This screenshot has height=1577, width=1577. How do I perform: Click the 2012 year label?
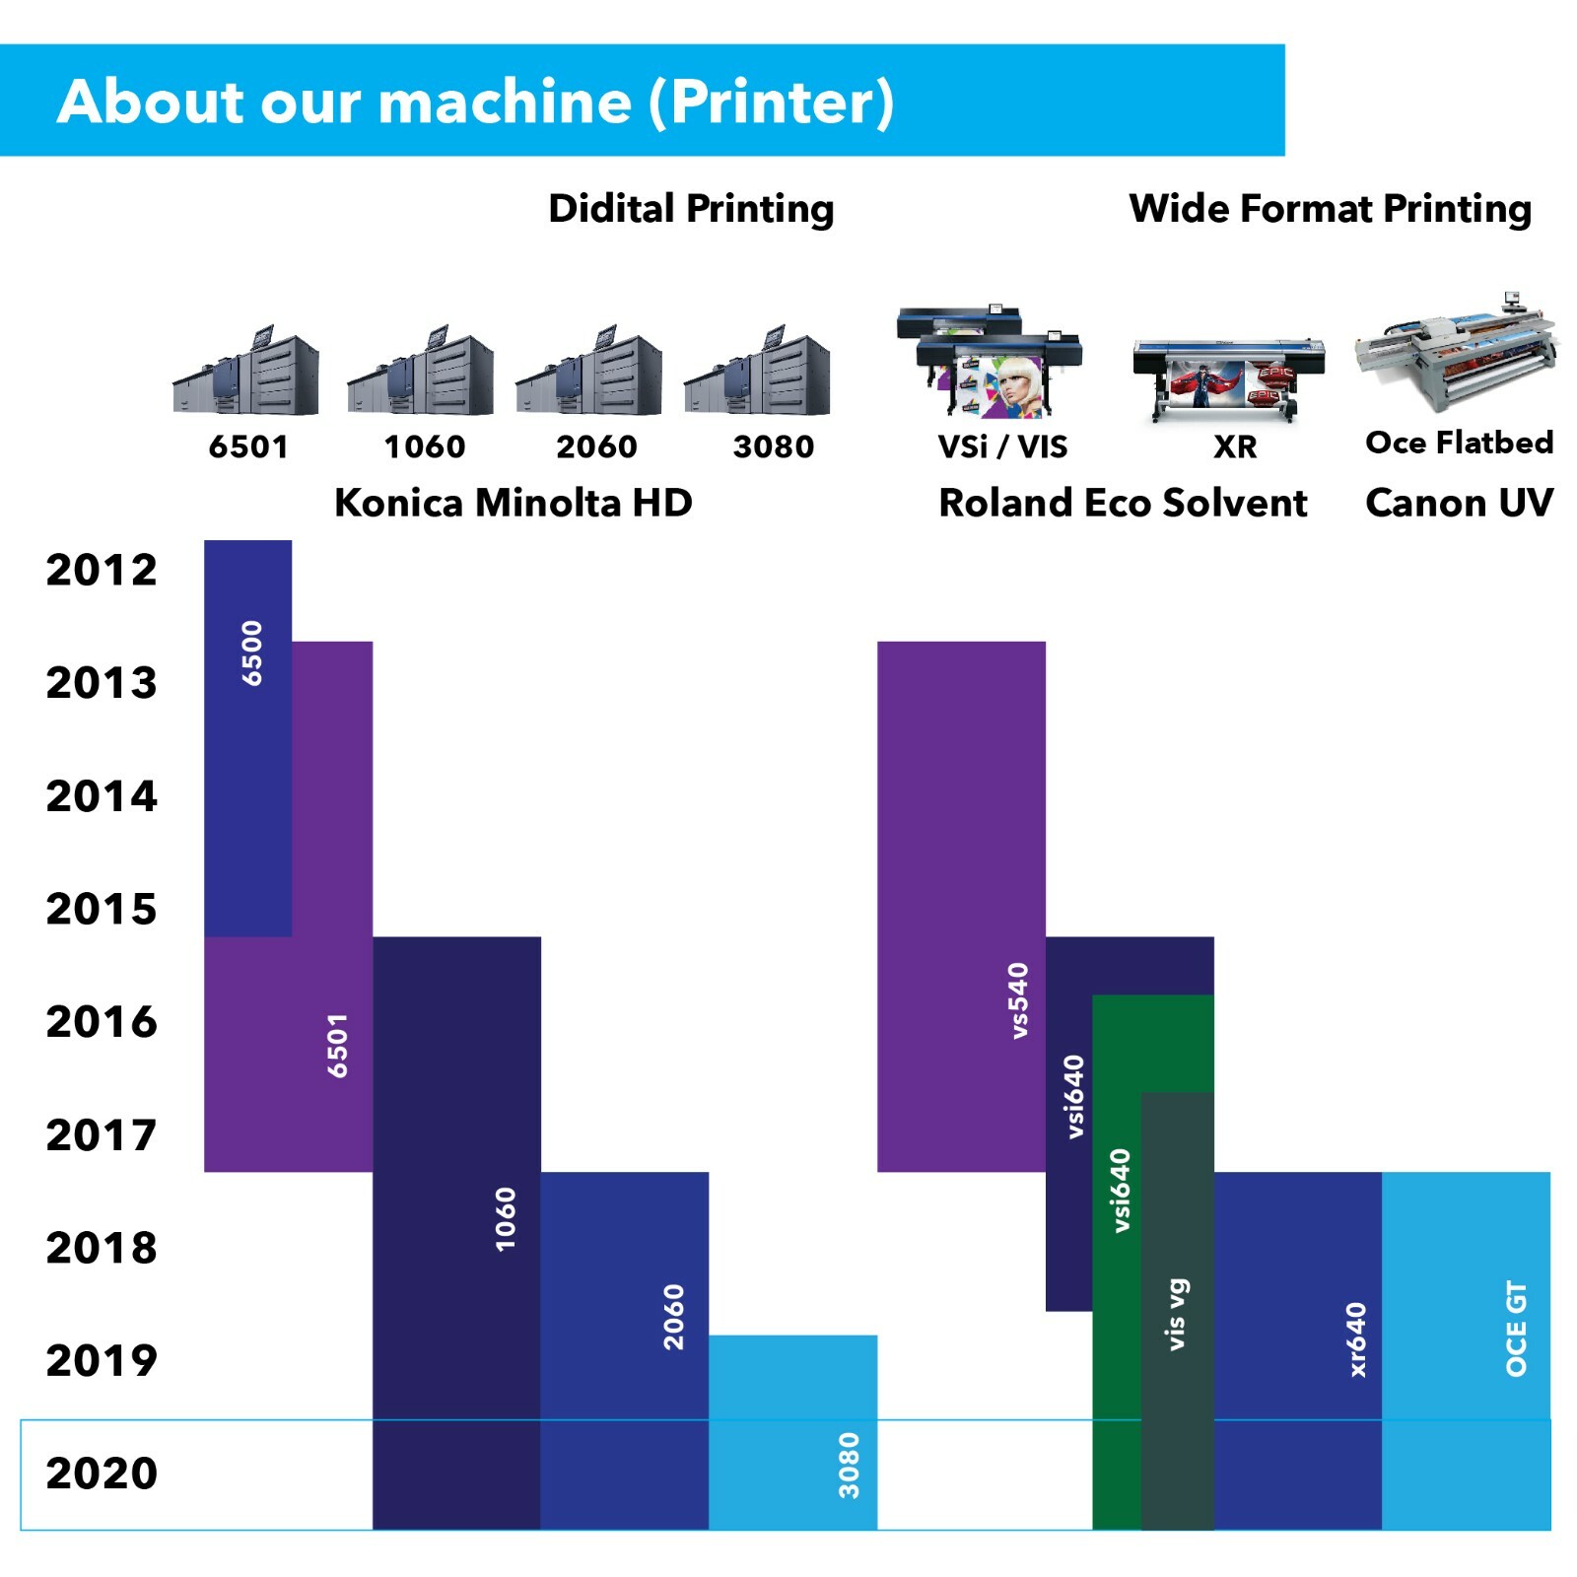point(102,570)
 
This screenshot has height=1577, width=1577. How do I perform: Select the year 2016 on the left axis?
point(102,1022)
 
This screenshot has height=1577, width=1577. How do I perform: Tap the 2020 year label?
point(102,1474)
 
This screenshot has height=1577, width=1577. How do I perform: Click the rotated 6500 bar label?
point(252,652)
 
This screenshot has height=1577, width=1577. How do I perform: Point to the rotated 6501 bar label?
point(338,1046)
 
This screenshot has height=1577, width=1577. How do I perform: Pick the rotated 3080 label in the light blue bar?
point(849,1466)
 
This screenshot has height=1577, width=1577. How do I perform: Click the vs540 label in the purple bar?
point(1018,1000)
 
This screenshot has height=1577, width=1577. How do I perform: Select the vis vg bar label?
point(1177,1315)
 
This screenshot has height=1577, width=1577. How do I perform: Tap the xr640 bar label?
point(1357,1339)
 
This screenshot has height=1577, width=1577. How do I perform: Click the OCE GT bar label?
point(1516,1329)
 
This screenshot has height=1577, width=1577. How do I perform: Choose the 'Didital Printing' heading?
point(691,209)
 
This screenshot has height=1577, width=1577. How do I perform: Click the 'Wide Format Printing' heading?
point(1331,209)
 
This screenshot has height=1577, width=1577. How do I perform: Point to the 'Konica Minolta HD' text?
point(514,503)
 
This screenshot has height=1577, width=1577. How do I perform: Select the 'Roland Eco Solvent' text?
point(1123,503)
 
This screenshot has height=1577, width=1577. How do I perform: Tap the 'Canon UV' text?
point(1460,503)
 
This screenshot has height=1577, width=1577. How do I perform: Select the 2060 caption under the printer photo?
point(597,446)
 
